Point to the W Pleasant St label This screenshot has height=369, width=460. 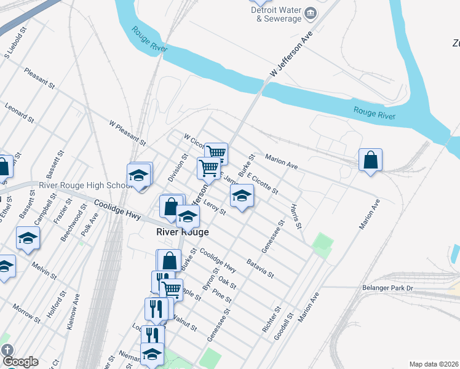(127, 132)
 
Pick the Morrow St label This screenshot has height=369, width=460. (26, 312)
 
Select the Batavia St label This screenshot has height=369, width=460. (260, 268)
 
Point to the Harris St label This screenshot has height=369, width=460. (297, 215)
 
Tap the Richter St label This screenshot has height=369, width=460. (272, 320)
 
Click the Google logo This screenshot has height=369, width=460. (20, 362)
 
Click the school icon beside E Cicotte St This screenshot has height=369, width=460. (242, 196)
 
